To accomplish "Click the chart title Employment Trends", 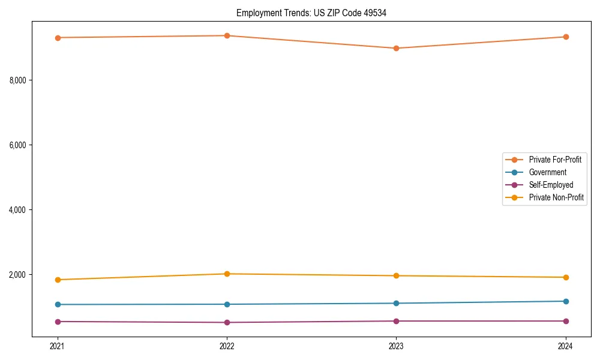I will click(x=311, y=13).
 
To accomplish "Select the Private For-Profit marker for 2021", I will click(x=58, y=38).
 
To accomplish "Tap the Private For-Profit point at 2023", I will click(x=396, y=48).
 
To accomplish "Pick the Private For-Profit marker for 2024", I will click(x=565, y=37).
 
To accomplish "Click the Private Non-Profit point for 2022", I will click(x=227, y=274).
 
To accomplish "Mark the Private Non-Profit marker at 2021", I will click(x=58, y=280).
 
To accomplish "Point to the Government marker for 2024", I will click(x=565, y=301).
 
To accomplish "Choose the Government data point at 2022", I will click(x=227, y=304).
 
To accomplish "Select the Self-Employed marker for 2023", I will click(x=396, y=321).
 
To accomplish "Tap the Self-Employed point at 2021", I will click(x=58, y=322).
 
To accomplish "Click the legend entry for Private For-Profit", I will click(x=554, y=160).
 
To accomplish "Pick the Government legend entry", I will click(x=547, y=172).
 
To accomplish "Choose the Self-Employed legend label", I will click(x=551, y=185).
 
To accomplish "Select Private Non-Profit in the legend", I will click(x=556, y=197).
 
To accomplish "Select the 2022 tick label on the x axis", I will click(x=227, y=346).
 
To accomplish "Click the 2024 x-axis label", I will click(x=565, y=346).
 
